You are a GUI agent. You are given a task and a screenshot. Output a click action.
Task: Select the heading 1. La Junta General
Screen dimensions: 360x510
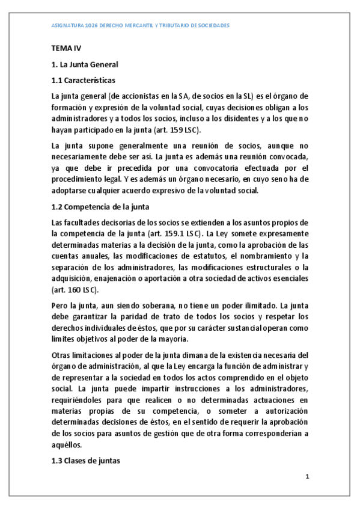coord(85,64)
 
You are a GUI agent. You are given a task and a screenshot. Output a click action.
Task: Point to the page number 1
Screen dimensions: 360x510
coord(307,478)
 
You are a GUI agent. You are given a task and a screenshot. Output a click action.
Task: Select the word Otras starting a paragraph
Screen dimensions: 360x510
coord(62,355)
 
